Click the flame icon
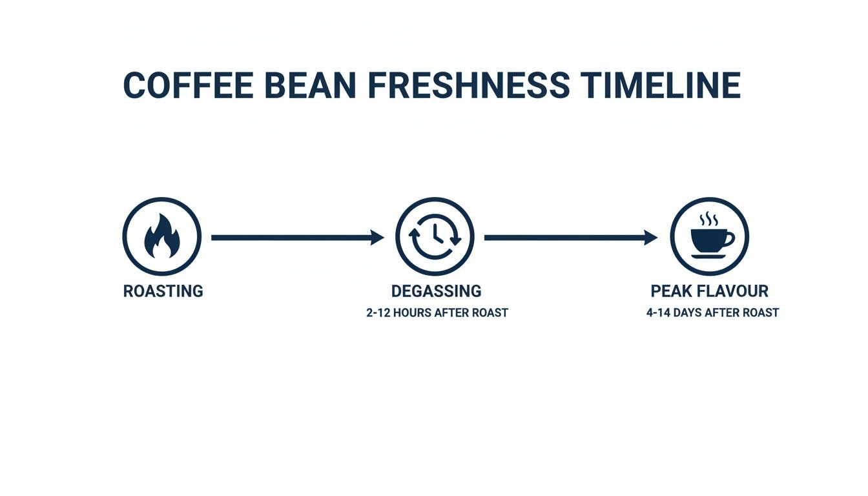[x=161, y=237]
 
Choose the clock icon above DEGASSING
[x=435, y=237]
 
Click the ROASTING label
[x=163, y=291]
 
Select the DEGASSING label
[x=436, y=291]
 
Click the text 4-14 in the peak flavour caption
[x=659, y=313]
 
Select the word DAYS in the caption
[x=694, y=313]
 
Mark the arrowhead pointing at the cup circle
[x=651, y=238]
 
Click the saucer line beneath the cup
[x=708, y=257]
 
